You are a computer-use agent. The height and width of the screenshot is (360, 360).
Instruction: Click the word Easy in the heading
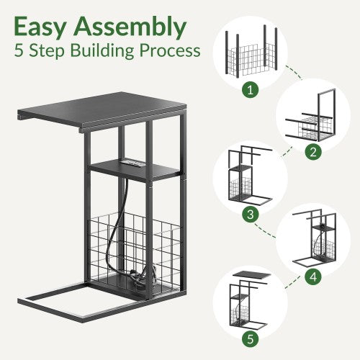[40, 27]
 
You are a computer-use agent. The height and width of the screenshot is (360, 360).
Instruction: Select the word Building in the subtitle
[102, 51]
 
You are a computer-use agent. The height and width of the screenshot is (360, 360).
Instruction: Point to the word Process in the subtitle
[170, 50]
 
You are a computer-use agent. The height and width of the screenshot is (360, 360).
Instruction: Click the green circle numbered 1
[251, 89]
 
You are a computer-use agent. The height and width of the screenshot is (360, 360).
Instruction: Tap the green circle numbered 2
[313, 152]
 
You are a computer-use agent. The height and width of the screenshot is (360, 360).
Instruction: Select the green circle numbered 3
[251, 214]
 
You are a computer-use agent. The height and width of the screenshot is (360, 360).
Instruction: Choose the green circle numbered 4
[313, 276]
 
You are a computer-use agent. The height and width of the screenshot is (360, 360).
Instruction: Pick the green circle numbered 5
[251, 339]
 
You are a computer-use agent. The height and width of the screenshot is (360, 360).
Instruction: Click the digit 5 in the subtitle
[19, 50]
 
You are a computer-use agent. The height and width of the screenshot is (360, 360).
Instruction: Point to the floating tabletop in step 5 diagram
[252, 275]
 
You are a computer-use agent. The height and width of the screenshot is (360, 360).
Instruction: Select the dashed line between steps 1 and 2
[293, 72]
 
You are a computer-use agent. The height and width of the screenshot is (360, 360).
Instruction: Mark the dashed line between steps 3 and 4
[265, 231]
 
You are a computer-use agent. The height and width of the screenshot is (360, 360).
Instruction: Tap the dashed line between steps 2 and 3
[287, 152]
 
